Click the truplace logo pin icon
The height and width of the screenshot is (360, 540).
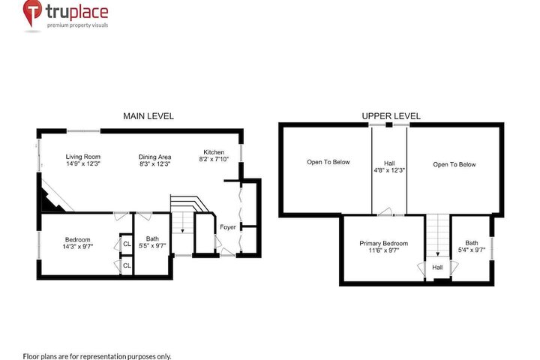[x=32, y=12]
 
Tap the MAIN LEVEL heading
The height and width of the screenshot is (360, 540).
[x=148, y=116]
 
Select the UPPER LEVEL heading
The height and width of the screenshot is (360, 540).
[x=391, y=116]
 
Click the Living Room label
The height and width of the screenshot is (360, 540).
[x=83, y=157]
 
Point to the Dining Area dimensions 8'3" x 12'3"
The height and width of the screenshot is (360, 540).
[x=154, y=164]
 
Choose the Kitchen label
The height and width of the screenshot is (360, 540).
[x=214, y=152]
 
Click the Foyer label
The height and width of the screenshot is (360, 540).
[x=228, y=227]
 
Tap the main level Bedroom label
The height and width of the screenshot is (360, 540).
[x=78, y=239]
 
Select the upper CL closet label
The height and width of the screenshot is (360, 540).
[x=127, y=244]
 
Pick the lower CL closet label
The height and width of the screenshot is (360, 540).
[x=127, y=265]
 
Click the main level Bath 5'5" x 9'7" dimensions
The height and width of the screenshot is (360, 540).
[x=152, y=246]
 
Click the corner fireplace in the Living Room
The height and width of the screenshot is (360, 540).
[x=52, y=199]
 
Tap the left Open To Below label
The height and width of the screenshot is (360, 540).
[x=328, y=162]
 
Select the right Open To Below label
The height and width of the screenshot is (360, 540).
[x=454, y=164]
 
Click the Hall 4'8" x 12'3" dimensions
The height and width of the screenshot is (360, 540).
[x=389, y=170]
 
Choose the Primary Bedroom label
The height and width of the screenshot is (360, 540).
[x=384, y=243]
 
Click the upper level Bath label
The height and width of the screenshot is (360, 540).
[x=472, y=243]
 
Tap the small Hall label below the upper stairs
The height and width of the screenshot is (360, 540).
[x=438, y=267]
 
